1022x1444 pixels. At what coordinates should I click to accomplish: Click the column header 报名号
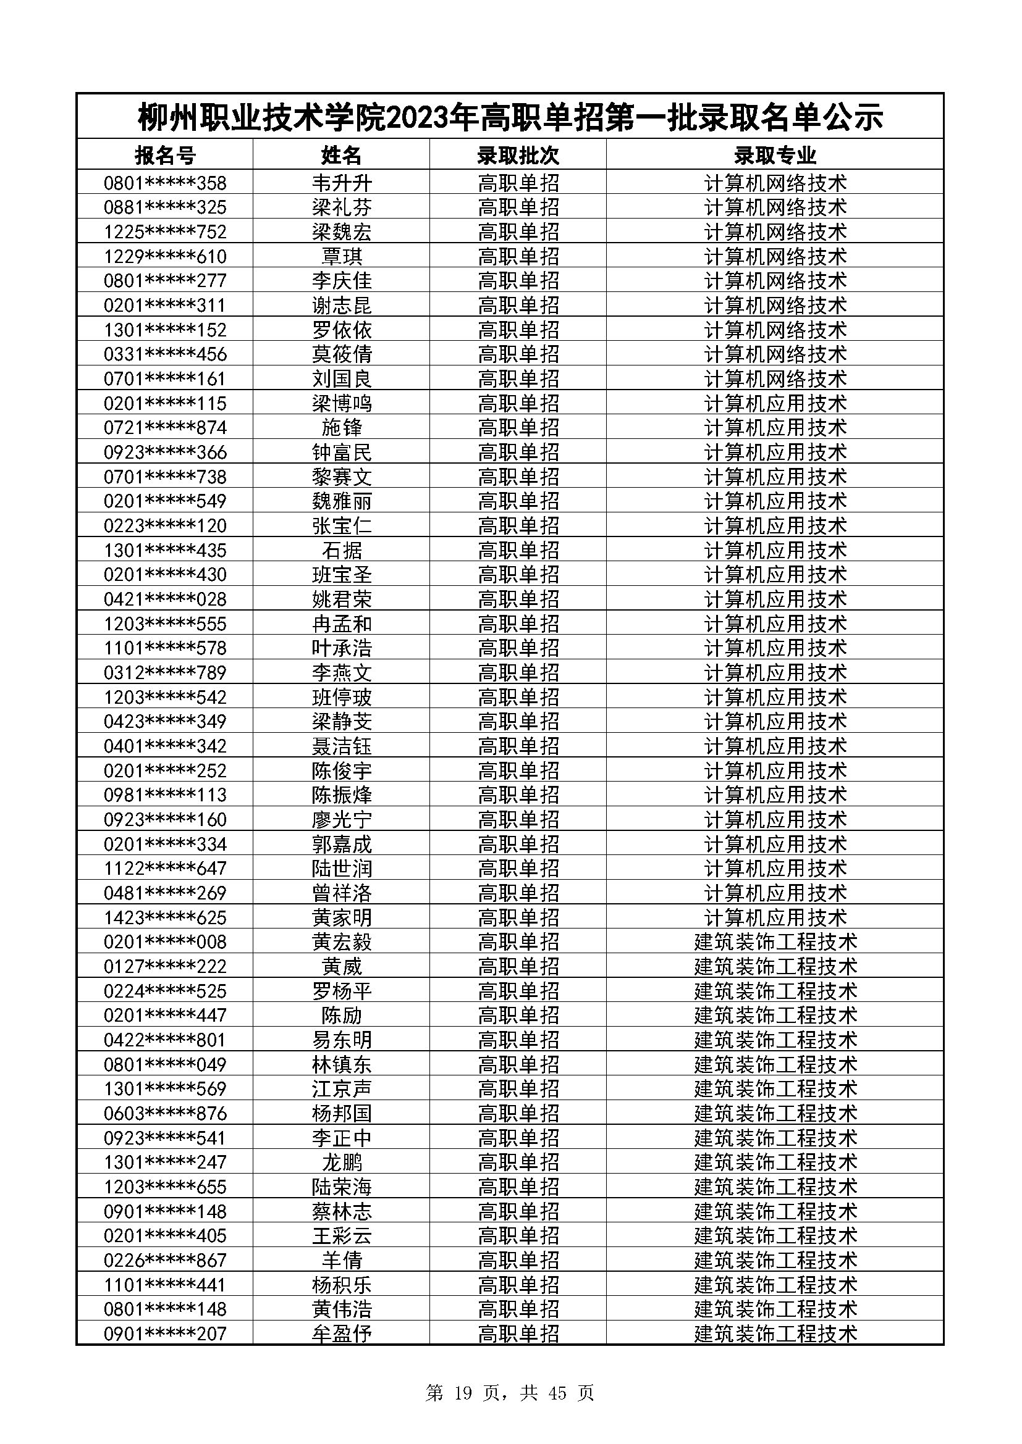[165, 155]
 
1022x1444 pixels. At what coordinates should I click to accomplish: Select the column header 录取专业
[775, 155]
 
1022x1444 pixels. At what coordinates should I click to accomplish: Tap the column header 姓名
[342, 155]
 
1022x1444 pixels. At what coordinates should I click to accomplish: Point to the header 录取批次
[518, 155]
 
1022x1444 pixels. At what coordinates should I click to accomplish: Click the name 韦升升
[342, 183]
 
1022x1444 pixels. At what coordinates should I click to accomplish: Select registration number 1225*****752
[165, 232]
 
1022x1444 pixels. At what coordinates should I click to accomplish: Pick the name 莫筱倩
[342, 354]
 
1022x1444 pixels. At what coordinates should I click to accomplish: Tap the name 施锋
[342, 428]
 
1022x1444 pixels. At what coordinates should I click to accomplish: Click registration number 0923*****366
[165, 452]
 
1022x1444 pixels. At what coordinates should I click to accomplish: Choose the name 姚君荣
[342, 599]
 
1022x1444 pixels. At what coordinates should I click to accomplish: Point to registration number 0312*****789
[165, 672]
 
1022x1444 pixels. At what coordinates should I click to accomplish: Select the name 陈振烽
[342, 795]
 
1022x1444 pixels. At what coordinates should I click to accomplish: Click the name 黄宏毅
[342, 941]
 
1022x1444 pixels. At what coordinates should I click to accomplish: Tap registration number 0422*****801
[165, 1040]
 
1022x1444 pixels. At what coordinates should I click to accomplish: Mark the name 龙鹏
[342, 1162]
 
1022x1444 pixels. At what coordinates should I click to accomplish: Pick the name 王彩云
[342, 1236]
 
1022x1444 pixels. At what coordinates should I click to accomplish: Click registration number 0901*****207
[165, 1333]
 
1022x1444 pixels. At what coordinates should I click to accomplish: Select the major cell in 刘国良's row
[775, 378]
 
